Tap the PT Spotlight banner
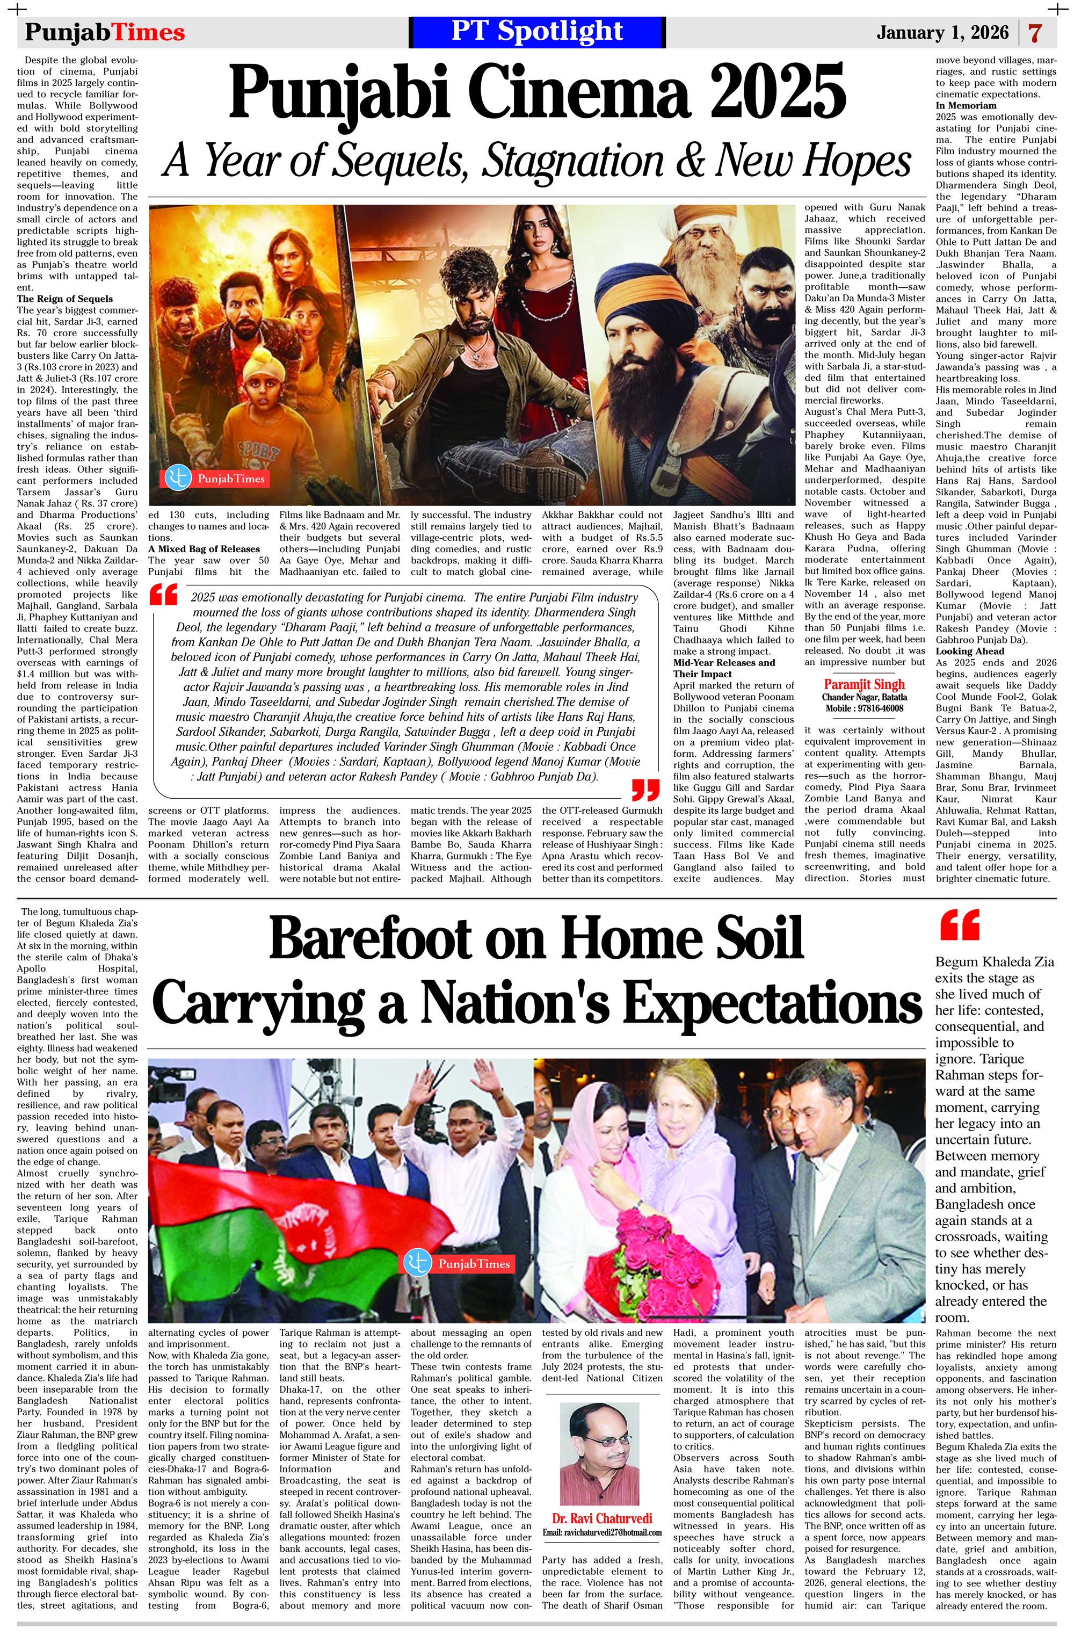(537, 32)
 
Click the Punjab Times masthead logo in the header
(105, 32)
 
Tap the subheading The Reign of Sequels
(65, 299)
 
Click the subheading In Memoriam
(966, 106)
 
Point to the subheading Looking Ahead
(970, 651)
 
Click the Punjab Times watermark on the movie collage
(215, 479)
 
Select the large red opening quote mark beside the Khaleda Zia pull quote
(960, 926)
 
